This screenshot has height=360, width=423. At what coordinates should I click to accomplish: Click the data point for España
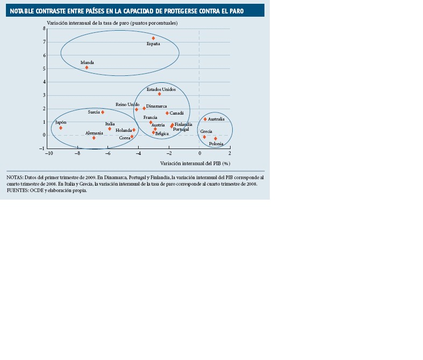coord(153,38)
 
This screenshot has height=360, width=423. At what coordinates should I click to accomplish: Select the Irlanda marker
coord(87,67)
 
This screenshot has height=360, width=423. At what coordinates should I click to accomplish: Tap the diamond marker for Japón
coord(61,128)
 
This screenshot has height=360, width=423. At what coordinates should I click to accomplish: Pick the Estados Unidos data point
coord(159,94)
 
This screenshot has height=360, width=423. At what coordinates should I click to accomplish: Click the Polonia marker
coord(216,138)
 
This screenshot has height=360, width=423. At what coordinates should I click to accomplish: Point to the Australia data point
coord(205,119)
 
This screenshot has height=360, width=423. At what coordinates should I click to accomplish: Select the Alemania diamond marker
coord(94,138)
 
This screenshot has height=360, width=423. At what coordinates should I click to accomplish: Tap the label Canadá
coord(176,113)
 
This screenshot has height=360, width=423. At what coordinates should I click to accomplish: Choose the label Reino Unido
coord(127,104)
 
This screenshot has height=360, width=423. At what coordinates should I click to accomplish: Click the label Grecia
coord(206,131)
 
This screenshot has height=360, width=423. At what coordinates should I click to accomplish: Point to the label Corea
coord(125,138)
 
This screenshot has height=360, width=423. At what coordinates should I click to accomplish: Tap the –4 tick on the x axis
coord(138,153)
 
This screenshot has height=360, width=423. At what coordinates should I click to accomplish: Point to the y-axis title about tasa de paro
coord(112,23)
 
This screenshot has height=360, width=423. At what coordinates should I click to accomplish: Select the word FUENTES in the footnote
coord(18,190)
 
